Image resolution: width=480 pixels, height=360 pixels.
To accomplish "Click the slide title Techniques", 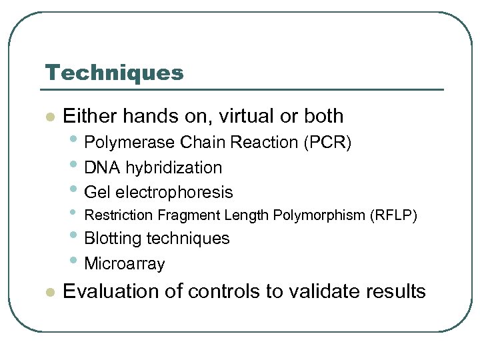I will (114, 73).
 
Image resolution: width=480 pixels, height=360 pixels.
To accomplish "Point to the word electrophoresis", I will (174, 193).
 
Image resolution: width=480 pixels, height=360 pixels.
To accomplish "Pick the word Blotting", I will (113, 239).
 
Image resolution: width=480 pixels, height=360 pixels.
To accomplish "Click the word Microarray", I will (125, 264).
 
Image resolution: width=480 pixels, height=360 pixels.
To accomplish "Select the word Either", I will (89, 116).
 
